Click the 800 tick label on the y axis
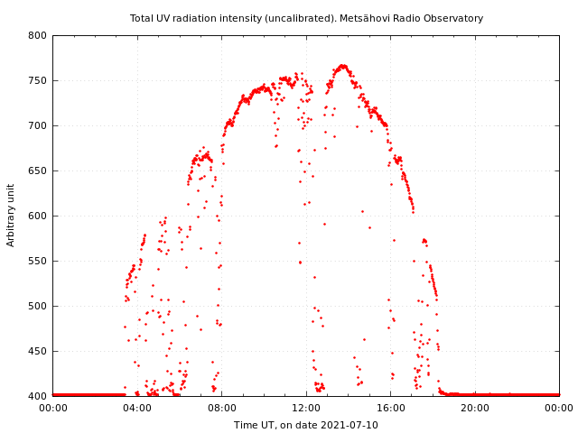coord(36,36)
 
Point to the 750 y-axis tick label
coord(36,81)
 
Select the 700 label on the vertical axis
coord(36,126)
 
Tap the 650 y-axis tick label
coord(36,171)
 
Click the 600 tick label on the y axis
coord(36,216)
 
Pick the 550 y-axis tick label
coord(36,262)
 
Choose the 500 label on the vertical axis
coord(36,307)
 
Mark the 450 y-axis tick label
coord(36,352)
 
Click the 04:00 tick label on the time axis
coord(137,408)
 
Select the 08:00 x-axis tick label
coord(221,408)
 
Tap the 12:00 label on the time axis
coord(306,408)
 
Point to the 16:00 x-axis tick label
coord(390,408)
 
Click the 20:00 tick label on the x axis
coord(475,408)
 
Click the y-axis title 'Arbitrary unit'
coord(12,215)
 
